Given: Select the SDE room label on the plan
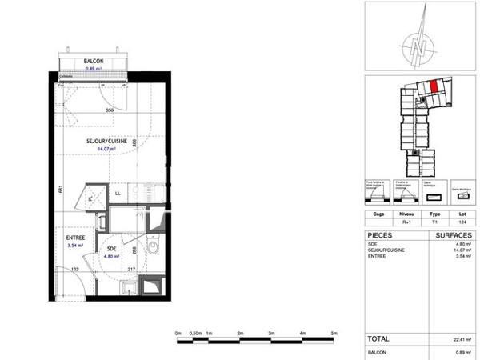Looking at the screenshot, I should [x=111, y=249].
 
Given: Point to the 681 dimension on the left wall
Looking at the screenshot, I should [x=60, y=190].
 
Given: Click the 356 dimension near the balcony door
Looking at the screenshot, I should [x=110, y=110].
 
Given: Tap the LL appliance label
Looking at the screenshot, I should [x=117, y=193].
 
